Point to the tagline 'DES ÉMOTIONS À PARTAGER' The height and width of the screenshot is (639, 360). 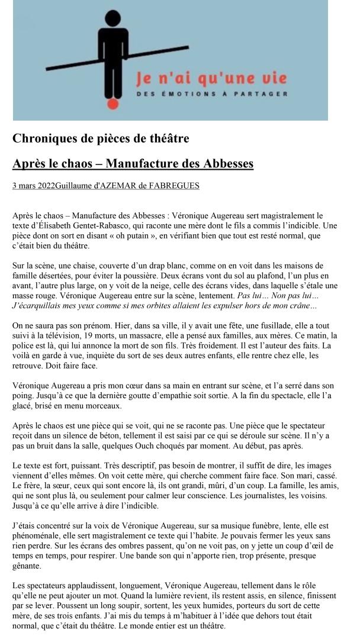[211, 93]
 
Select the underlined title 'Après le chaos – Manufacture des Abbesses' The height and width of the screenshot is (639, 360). [133, 163]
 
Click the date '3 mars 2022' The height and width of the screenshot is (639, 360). [33, 186]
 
